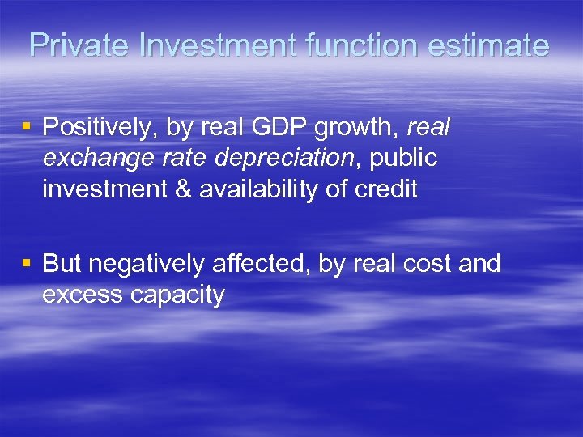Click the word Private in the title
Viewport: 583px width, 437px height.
[x=79, y=45]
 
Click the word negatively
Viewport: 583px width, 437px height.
[x=150, y=265]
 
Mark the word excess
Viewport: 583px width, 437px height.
[x=81, y=295]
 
